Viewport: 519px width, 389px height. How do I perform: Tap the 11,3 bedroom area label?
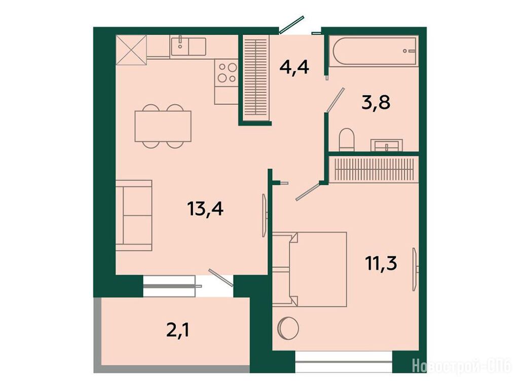pyautogui.click(x=381, y=263)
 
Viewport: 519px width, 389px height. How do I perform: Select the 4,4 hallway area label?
pyautogui.click(x=294, y=67)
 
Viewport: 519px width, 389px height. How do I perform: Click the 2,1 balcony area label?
pyautogui.click(x=178, y=330)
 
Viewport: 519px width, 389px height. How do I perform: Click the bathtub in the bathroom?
pyautogui.click(x=375, y=51)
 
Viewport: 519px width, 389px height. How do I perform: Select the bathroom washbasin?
pyautogui.click(x=387, y=145)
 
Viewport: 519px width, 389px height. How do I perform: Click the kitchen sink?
pyautogui.click(x=188, y=47)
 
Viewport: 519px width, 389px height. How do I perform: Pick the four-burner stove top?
pyautogui.click(x=227, y=72)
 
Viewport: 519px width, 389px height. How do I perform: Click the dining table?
pyautogui.click(x=163, y=126)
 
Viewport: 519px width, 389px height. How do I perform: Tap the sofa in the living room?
pyautogui.click(x=134, y=215)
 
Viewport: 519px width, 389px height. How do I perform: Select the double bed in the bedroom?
pyautogui.click(x=310, y=269)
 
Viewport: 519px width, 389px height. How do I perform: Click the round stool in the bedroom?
pyautogui.click(x=288, y=328)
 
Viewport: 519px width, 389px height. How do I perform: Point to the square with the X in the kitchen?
pyautogui.click(x=131, y=50)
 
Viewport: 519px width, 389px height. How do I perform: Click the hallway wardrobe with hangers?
pyautogui.click(x=255, y=80)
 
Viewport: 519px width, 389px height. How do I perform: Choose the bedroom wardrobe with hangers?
pyautogui.click(x=375, y=169)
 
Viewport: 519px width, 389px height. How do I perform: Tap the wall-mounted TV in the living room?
pyautogui.click(x=265, y=215)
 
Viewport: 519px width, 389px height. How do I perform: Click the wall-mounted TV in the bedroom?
pyautogui.click(x=415, y=269)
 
